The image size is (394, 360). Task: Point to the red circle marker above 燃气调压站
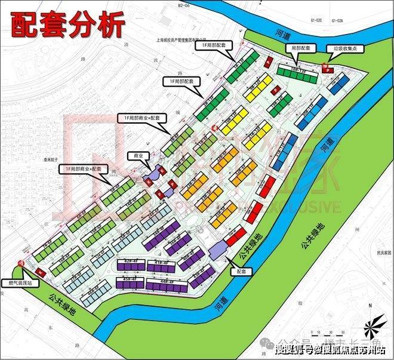tap(21, 263)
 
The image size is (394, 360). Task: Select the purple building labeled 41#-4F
tap(161, 263)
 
